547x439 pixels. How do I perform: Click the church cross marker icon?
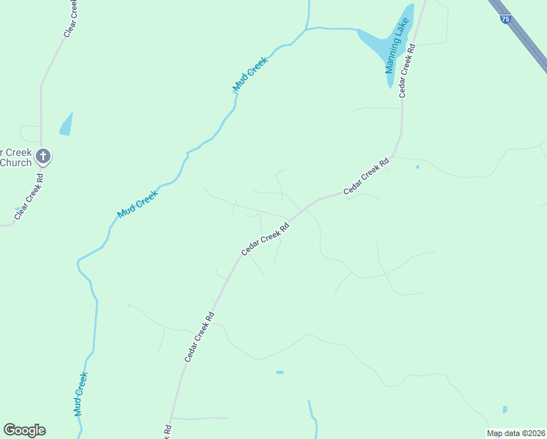tap(43, 155)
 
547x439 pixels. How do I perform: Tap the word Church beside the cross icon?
tap(15, 162)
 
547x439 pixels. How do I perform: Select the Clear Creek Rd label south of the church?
tap(30, 194)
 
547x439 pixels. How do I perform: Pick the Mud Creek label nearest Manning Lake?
tap(251, 75)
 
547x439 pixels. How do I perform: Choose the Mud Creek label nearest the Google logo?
tap(81, 394)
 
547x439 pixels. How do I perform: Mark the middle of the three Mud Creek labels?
tap(137, 203)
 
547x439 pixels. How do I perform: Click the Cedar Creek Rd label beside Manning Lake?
tap(407, 70)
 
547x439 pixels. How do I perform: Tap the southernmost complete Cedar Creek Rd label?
tap(199, 337)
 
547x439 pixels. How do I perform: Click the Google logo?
tap(24, 430)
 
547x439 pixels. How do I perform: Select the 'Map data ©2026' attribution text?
tap(516, 433)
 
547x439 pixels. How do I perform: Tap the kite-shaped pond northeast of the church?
tap(66, 124)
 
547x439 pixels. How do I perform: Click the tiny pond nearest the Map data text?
tap(505, 409)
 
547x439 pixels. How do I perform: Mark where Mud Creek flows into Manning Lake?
tap(358, 31)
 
